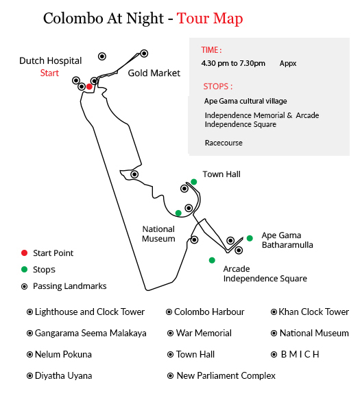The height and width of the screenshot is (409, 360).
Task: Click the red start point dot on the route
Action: pos(89,86)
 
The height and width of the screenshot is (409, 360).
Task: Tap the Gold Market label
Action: pos(154,73)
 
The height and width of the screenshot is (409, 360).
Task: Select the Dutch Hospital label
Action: pos(50,61)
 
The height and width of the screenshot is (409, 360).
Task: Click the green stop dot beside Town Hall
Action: pos(193,182)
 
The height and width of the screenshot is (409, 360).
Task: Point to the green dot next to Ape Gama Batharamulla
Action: pos(250,238)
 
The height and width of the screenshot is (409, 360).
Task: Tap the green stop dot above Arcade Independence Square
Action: pos(212,260)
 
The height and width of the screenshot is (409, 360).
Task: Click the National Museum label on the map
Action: pos(158,234)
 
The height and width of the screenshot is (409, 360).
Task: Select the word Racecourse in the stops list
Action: pos(224,143)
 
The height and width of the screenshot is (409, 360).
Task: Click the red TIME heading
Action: pos(211,50)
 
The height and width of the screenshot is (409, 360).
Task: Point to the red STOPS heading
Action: pos(218,86)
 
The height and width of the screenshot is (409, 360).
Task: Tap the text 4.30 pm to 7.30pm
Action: pos(233,63)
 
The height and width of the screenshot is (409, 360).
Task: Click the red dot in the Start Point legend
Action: pos(24,253)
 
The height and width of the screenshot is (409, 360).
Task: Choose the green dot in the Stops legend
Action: pos(24,269)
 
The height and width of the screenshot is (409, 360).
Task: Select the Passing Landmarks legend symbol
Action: pos(24,286)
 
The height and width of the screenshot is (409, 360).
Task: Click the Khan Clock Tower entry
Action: pos(310,312)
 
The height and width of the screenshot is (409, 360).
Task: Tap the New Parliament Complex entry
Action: pos(221,375)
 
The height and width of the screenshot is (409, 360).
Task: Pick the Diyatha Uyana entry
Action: pos(60,375)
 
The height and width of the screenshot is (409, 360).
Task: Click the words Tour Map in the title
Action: pos(210,19)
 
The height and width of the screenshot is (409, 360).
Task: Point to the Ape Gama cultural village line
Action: pos(245,101)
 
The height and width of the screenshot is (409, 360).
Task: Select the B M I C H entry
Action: pos(295,354)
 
